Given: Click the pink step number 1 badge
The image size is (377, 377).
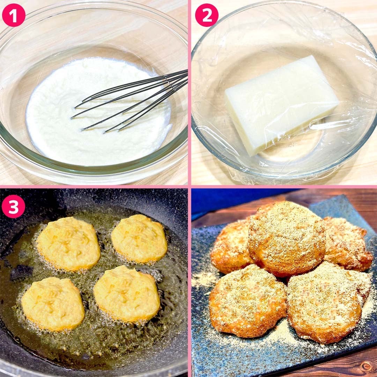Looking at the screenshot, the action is coord(14,15).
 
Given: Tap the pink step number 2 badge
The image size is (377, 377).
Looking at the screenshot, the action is coord(207,15).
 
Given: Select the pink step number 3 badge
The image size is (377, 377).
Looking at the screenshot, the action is coord(14,206).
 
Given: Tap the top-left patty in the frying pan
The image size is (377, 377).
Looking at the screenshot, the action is coord(68,243).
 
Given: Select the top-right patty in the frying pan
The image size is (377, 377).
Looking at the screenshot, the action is coord(139,238).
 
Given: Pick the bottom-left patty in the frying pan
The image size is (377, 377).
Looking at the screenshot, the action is coord(53,304).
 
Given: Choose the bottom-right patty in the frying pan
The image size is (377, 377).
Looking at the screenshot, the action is coord(127,294).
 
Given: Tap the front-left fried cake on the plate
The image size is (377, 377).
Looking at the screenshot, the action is coord(247,301).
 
